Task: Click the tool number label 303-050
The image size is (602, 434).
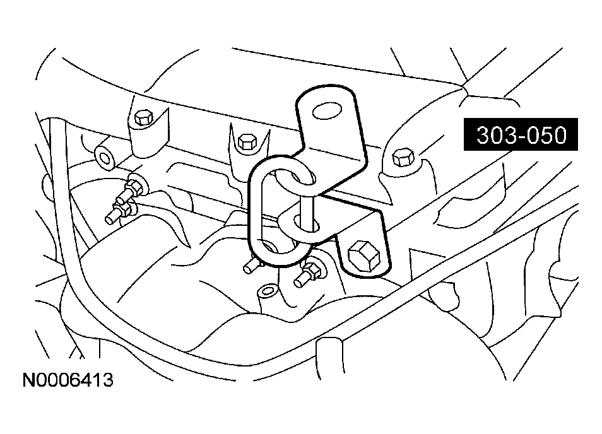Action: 521,134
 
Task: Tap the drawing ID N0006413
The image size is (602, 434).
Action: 68,380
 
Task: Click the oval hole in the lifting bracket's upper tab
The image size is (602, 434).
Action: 327,111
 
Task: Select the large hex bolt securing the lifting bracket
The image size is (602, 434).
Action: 363,255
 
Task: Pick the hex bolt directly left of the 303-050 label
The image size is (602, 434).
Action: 403,157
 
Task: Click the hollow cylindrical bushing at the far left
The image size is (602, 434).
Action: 105,157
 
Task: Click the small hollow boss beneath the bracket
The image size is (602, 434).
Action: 268,293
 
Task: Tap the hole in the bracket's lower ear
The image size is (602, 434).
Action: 306,224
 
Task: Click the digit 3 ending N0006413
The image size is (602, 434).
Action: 108,380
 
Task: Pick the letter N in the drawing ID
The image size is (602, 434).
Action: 29,380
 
